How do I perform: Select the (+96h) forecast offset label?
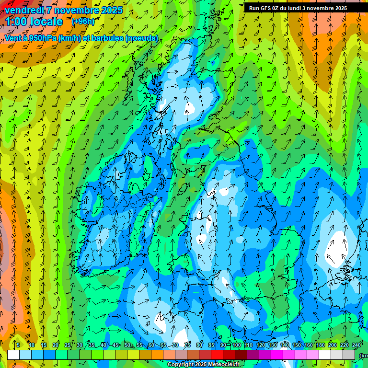83,22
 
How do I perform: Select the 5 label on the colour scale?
18,345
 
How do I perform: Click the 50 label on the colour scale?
127,345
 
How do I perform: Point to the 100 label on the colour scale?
236,345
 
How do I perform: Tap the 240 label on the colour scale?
356,345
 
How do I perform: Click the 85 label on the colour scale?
212,345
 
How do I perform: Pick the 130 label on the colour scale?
273,345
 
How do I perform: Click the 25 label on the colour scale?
67,345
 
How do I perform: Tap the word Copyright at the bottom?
180,365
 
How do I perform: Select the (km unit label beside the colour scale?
363,356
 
